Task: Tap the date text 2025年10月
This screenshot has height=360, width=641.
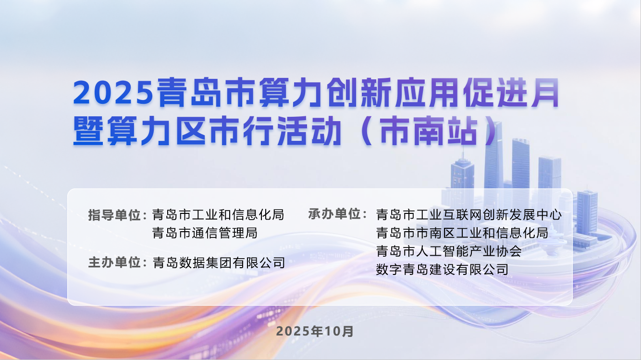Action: pyautogui.click(x=315, y=331)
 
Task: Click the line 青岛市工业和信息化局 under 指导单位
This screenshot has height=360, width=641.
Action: pyautogui.click(x=218, y=214)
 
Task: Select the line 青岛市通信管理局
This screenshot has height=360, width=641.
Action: pyautogui.click(x=205, y=233)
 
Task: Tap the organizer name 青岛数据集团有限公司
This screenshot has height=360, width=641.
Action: pyautogui.click(x=218, y=263)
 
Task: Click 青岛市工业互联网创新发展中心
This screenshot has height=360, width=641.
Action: pyautogui.click(x=468, y=214)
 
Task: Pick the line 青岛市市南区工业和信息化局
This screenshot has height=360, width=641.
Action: pyautogui.click(x=462, y=233)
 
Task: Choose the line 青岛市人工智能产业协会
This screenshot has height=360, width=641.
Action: pyautogui.click(x=448, y=251)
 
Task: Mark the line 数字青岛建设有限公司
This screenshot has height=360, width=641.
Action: pyautogui.click(x=442, y=269)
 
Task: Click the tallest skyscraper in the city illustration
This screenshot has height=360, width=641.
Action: pyautogui.click(x=493, y=159)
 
